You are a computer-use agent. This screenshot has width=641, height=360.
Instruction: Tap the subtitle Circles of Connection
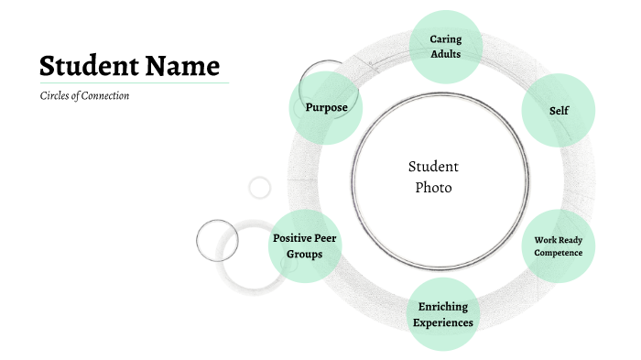84,96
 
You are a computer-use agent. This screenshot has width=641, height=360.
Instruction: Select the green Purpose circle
326,107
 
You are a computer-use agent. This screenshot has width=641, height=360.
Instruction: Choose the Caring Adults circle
445,47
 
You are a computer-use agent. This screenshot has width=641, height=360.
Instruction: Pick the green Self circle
559,110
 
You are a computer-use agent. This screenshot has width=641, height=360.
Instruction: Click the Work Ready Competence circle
559,246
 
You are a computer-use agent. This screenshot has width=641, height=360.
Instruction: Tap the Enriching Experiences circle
443,314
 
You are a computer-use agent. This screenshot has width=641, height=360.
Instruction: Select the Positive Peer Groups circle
305,245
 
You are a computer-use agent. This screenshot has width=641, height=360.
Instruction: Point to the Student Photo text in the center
433,177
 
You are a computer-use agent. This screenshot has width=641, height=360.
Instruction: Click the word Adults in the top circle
445,54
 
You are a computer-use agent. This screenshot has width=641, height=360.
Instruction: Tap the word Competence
559,253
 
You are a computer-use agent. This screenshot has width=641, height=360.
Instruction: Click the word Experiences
443,322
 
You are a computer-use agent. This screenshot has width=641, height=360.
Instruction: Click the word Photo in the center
433,188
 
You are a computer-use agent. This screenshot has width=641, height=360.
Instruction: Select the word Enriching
443,306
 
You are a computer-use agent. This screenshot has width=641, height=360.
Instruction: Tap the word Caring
446,39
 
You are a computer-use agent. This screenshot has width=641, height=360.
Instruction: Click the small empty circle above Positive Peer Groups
260,188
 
